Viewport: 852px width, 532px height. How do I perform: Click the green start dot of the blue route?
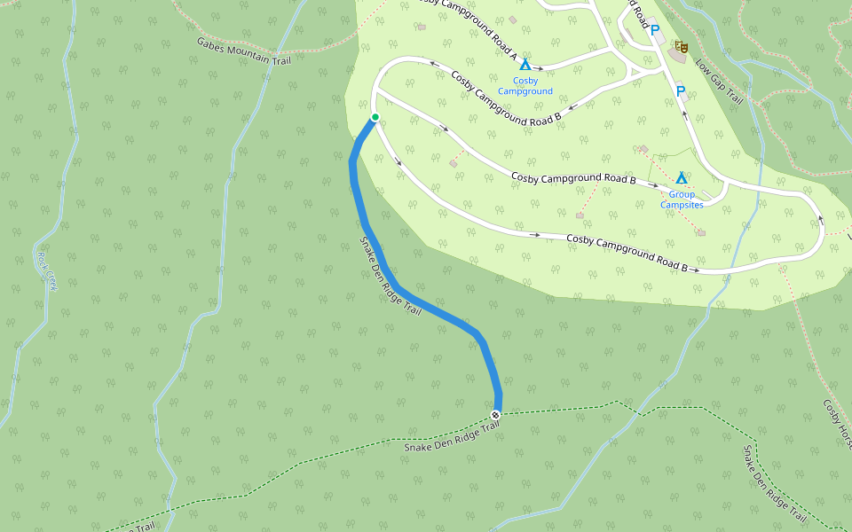[x=375, y=117]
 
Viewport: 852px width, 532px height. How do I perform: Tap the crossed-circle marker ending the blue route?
[x=495, y=415]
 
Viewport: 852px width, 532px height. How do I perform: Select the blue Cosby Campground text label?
[x=525, y=86]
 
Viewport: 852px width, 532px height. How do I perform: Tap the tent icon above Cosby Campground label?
[x=525, y=65]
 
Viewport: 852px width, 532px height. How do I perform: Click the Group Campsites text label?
[x=681, y=199]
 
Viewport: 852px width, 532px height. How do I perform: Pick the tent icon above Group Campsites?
[x=682, y=178]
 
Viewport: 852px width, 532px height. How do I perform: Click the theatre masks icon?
[x=681, y=46]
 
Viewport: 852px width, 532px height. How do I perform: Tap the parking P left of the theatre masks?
[x=655, y=31]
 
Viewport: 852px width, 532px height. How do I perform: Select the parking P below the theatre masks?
[x=681, y=90]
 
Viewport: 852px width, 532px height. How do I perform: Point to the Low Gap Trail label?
[x=718, y=82]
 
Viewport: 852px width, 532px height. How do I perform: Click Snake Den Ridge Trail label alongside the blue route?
[x=390, y=277]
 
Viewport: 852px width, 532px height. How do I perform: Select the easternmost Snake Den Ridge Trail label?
[x=774, y=483]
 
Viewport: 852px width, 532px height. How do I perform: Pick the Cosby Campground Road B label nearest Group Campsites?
[x=573, y=178]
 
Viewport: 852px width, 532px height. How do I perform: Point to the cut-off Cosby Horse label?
[x=837, y=421]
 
